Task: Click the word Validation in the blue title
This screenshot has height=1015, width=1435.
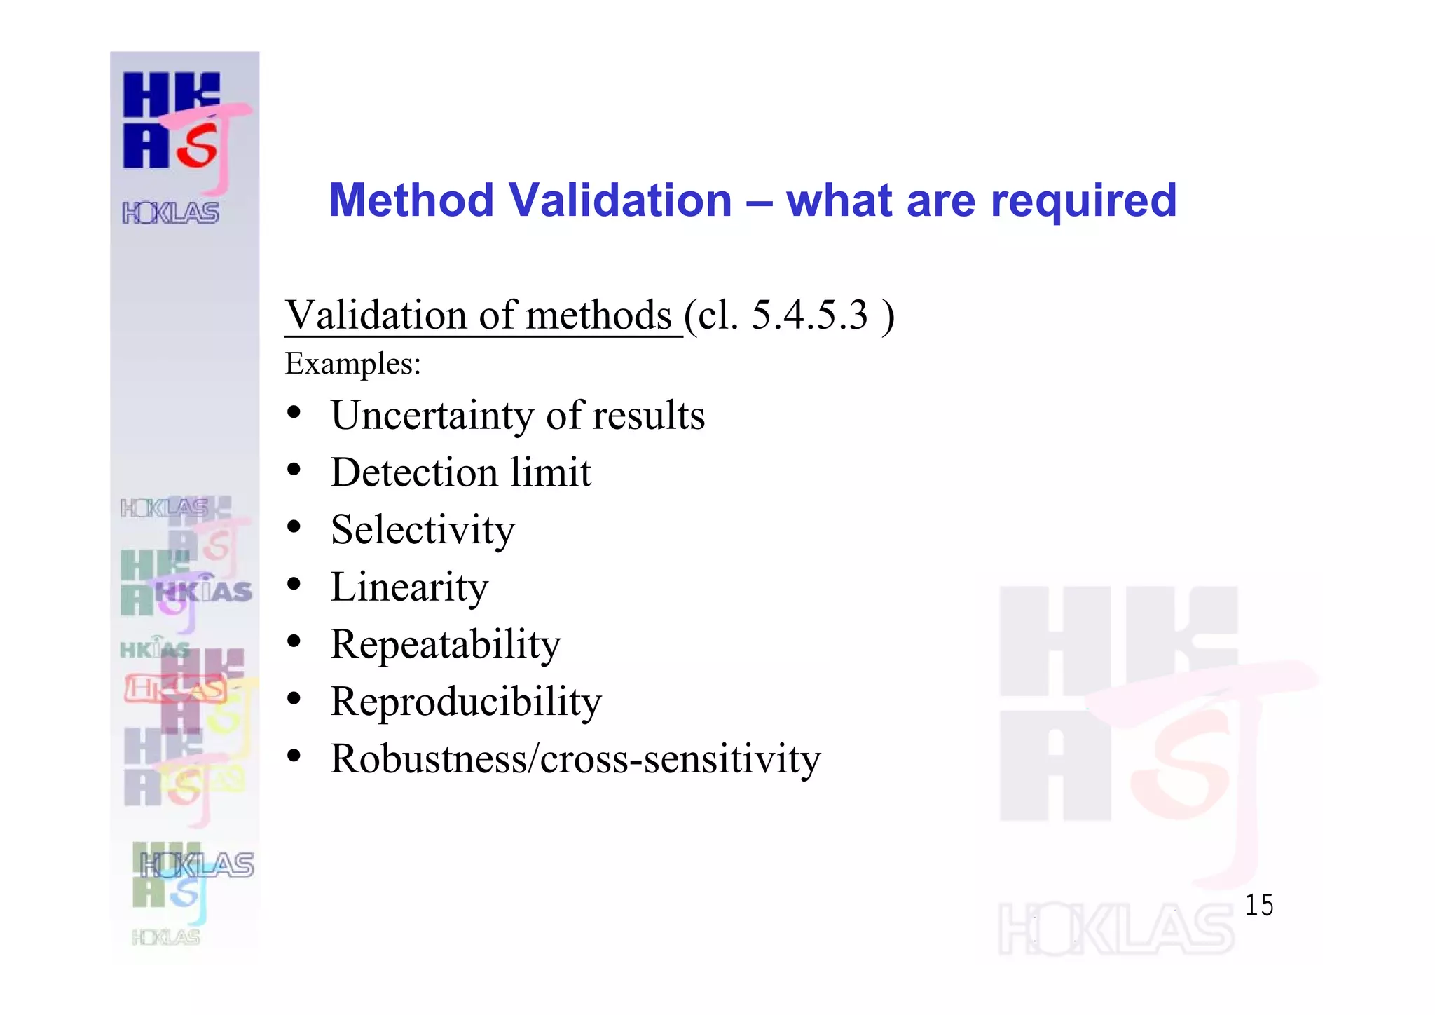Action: pyautogui.click(x=619, y=200)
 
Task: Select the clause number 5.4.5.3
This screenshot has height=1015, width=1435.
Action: pyautogui.click(x=809, y=315)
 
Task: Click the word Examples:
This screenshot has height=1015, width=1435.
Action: pyautogui.click(x=353, y=364)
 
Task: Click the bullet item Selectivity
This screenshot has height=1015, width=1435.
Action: pyautogui.click(x=423, y=530)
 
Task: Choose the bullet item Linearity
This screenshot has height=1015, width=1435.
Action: pyautogui.click(x=409, y=587)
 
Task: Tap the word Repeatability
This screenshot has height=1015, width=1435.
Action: pyautogui.click(x=446, y=645)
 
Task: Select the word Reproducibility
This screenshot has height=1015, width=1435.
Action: pyautogui.click(x=466, y=702)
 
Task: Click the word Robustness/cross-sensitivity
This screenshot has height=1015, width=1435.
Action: pyautogui.click(x=575, y=759)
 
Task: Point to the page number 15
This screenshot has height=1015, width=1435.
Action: pyautogui.click(x=1258, y=905)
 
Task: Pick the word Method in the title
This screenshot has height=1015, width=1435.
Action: pyautogui.click(x=411, y=200)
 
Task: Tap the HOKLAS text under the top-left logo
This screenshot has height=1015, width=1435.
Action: pyautogui.click(x=171, y=212)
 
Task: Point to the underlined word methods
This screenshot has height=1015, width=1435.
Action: pyautogui.click(x=598, y=315)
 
